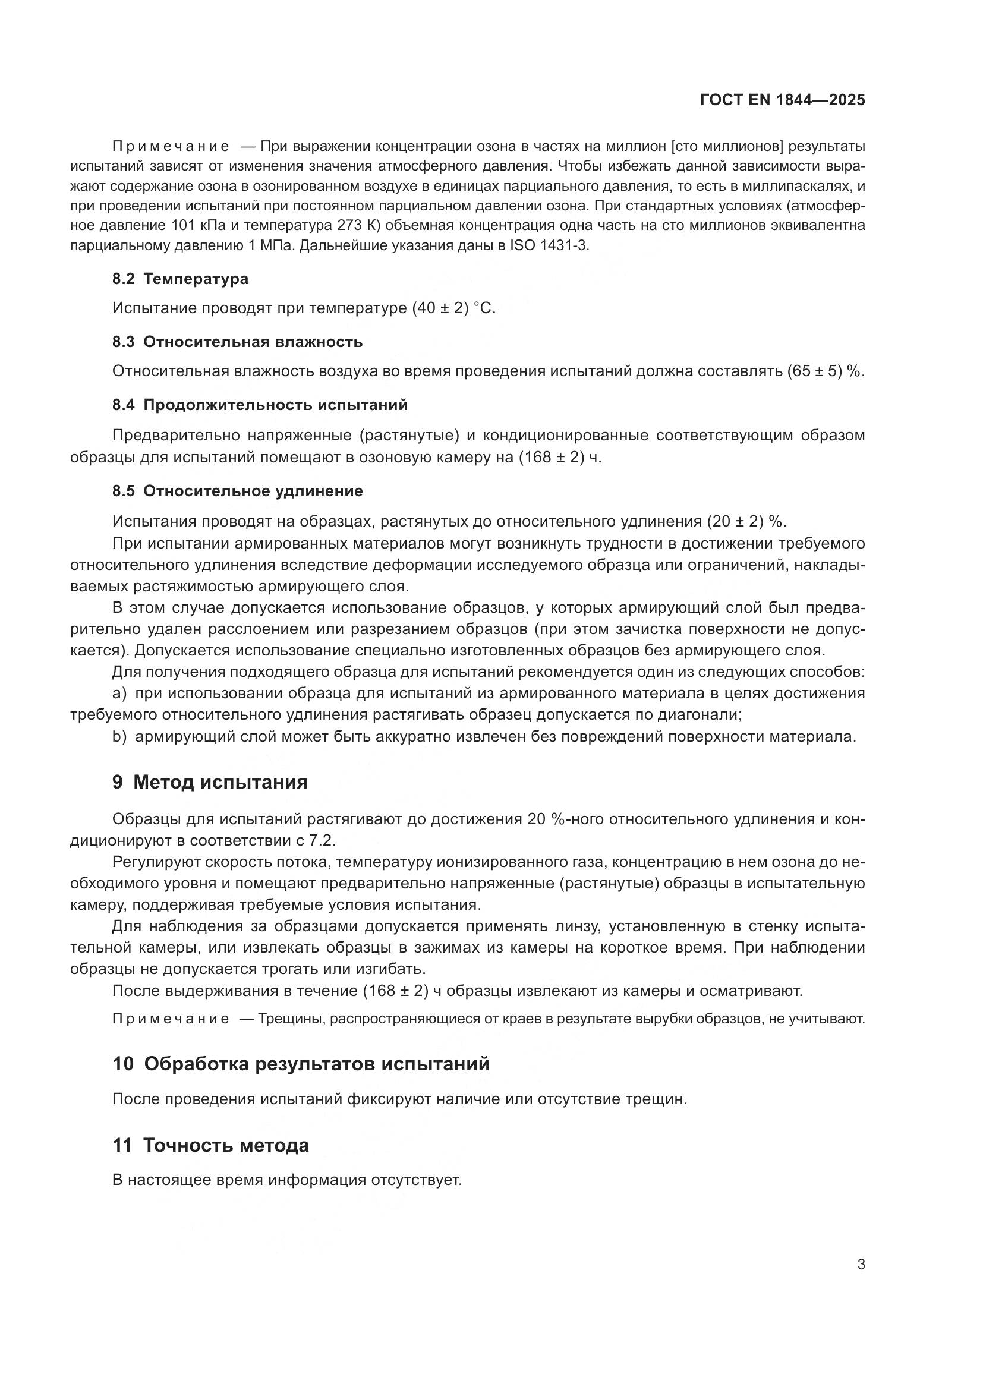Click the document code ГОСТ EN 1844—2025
(782, 100)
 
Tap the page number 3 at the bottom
(861, 1265)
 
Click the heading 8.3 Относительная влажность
(237, 342)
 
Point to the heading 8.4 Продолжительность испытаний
(260, 405)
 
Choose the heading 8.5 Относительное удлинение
(237, 491)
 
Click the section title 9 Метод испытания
(209, 782)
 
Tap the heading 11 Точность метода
(210, 1145)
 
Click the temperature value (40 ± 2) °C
(453, 309)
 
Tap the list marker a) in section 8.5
(119, 693)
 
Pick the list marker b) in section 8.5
(119, 737)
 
